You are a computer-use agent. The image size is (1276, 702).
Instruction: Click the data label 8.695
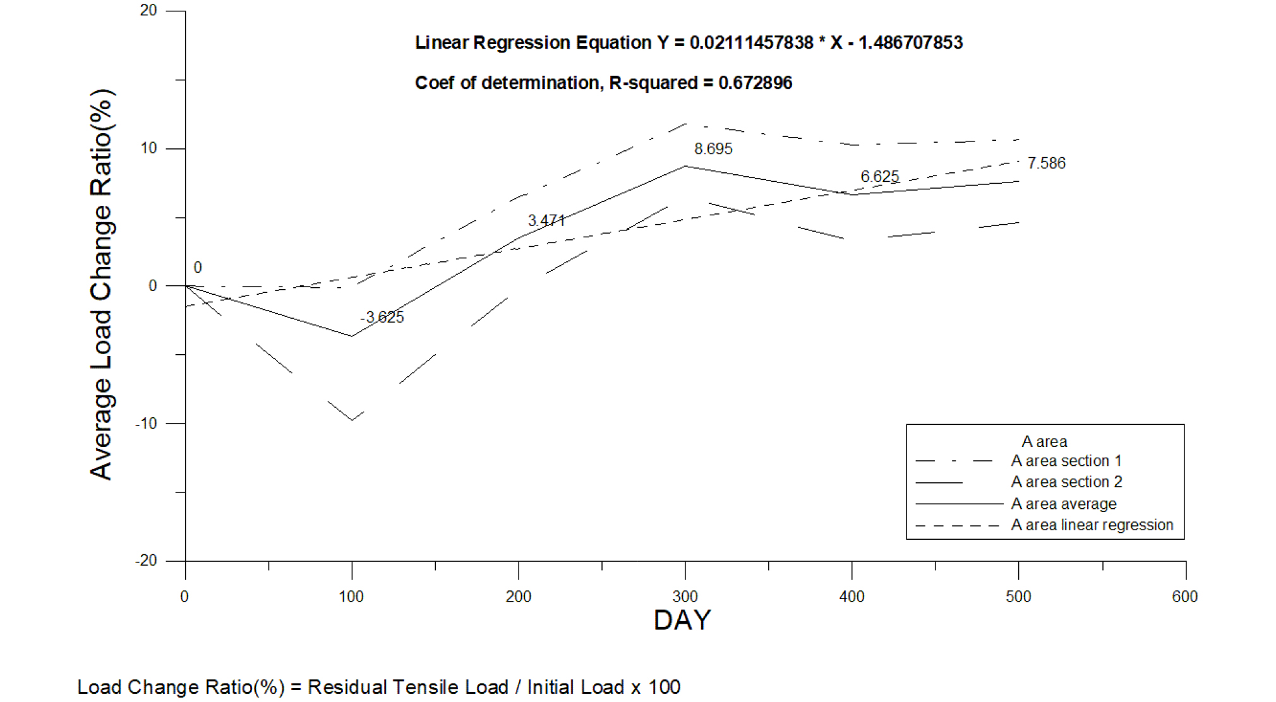[713, 149]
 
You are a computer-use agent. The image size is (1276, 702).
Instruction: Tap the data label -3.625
[382, 317]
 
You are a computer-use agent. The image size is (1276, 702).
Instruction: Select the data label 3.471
[546, 220]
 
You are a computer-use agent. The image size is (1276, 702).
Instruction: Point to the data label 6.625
[879, 177]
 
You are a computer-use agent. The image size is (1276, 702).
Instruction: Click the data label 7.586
[1046, 163]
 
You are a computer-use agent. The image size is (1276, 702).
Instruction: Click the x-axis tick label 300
[685, 597]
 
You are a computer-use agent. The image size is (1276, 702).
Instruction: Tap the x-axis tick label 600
[1184, 597]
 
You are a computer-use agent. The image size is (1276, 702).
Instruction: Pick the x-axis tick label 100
[351, 597]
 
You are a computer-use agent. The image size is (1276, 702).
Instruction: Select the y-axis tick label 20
[148, 11]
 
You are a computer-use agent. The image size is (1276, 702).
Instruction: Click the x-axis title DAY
[682, 620]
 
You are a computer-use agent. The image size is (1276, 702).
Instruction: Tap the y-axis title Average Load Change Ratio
[102, 284]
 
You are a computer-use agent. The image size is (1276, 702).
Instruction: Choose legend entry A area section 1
[1066, 461]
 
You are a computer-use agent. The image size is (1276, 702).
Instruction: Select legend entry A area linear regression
[1092, 525]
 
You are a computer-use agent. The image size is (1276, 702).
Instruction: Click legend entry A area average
[1064, 504]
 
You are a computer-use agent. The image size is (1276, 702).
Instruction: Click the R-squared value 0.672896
[755, 83]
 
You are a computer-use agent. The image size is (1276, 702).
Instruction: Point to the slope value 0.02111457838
[751, 42]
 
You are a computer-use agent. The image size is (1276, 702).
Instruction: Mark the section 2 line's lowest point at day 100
[352, 420]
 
